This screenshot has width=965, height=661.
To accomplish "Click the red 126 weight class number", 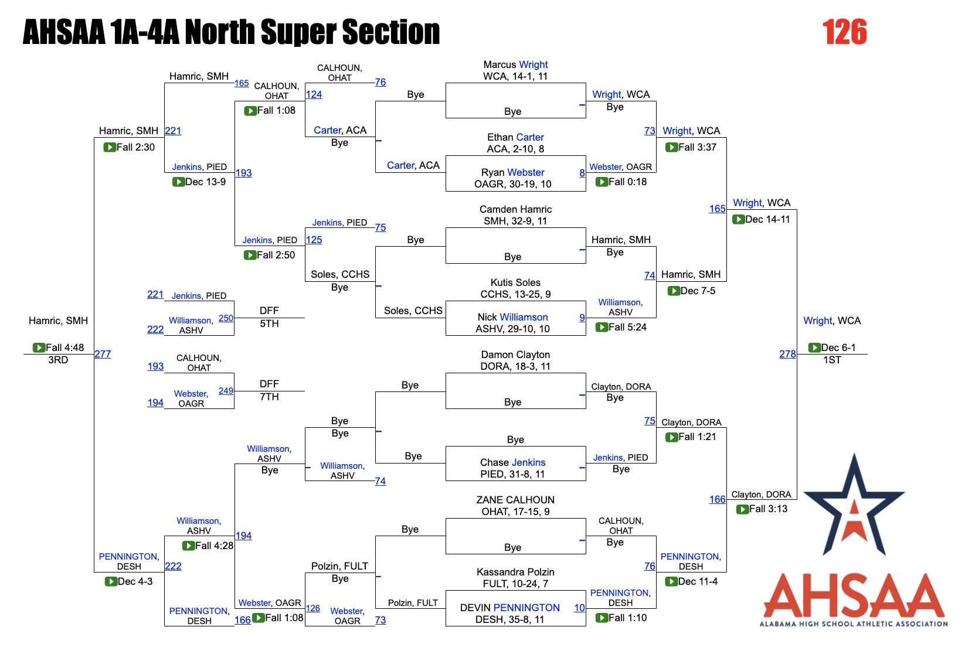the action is pyautogui.click(x=844, y=32).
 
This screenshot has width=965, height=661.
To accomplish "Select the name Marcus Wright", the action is pyautogui.click(x=515, y=64).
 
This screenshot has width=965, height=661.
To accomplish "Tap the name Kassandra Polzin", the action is pyautogui.click(x=515, y=572).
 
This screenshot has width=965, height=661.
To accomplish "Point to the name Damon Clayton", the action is pyautogui.click(x=515, y=355).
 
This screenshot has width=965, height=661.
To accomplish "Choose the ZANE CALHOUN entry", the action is pyautogui.click(x=515, y=500).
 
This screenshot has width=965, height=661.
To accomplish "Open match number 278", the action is pyautogui.click(x=787, y=354).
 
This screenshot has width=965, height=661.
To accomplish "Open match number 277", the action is pyautogui.click(x=103, y=354).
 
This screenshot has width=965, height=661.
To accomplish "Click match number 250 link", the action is pyautogui.click(x=226, y=318).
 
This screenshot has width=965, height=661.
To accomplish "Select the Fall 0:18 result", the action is pyautogui.click(x=627, y=182).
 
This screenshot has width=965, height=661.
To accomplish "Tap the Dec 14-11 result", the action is pyautogui.click(x=767, y=219).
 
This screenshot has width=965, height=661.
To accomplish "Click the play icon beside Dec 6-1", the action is pyautogui.click(x=814, y=347).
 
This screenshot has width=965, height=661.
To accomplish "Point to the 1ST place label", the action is pyautogui.click(x=832, y=360).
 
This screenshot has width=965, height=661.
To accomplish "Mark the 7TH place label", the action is pyautogui.click(x=269, y=397).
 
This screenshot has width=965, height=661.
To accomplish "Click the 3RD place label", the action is pyautogui.click(x=58, y=360).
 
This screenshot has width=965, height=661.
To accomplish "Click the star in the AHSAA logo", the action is pyautogui.click(x=854, y=504).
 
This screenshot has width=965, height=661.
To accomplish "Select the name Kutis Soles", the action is pyautogui.click(x=515, y=282).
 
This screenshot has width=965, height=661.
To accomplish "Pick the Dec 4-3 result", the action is pyautogui.click(x=135, y=581).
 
